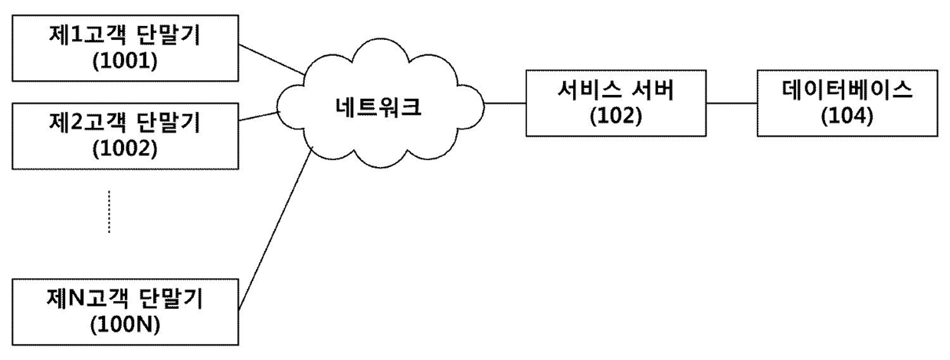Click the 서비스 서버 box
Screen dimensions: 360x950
[x=615, y=103]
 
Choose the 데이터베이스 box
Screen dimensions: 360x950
[x=847, y=103]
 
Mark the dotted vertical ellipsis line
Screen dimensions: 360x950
[x=110, y=211]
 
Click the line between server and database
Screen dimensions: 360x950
[x=731, y=103]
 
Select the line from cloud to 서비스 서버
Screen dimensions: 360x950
[x=504, y=103]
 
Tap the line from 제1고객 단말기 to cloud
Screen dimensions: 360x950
[x=272, y=60]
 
